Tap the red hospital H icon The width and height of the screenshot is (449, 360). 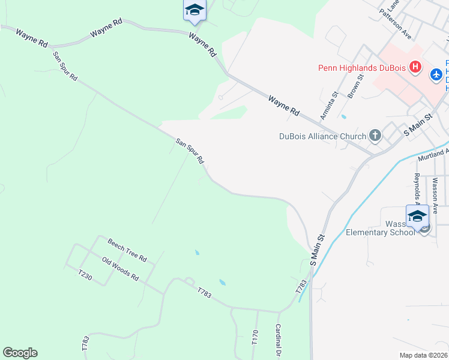(414, 67)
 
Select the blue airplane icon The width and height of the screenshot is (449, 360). (436, 75)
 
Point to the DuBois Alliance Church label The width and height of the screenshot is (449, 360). (322, 136)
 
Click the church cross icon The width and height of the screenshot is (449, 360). (375, 136)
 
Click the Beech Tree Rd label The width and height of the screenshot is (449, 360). (127, 250)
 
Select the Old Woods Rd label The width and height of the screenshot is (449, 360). (120, 269)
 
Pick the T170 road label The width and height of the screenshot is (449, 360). (255, 337)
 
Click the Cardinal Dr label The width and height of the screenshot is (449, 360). (278, 340)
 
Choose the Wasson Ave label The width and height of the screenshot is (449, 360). (435, 195)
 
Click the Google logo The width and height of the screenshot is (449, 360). (20, 353)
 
